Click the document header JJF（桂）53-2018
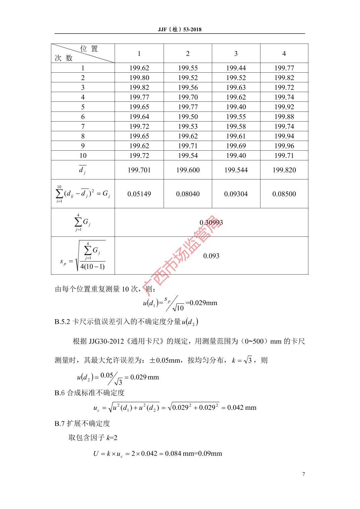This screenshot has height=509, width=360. [x=180, y=29]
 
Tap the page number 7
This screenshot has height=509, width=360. [x=303, y=474]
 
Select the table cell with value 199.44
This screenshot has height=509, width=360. [x=236, y=68]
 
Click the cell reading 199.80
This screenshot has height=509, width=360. [x=139, y=78]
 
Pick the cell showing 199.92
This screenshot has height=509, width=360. [x=284, y=107]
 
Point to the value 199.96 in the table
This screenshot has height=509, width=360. [x=284, y=146]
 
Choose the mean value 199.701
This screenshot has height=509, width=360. [x=139, y=170]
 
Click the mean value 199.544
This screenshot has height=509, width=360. [x=236, y=170]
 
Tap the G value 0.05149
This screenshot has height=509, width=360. [x=139, y=194]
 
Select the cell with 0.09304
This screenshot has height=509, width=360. [x=236, y=194]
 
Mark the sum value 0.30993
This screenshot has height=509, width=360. [x=211, y=222]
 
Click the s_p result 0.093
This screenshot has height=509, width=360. [x=211, y=256]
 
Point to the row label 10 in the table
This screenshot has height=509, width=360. [x=83, y=155]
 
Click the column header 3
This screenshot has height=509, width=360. [x=236, y=54]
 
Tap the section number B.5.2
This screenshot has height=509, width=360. [x=62, y=322]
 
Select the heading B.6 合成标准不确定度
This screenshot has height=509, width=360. [x=89, y=393]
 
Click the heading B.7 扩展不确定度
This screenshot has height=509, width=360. [x=82, y=423]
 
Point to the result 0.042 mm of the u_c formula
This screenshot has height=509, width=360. [x=242, y=408]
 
